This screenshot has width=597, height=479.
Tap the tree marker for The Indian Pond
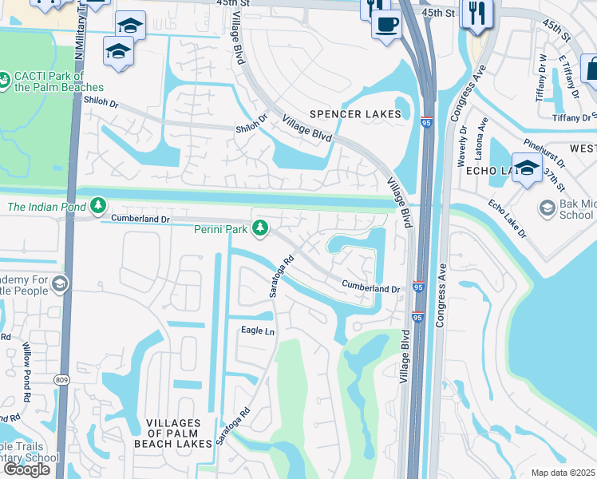pos(98,207)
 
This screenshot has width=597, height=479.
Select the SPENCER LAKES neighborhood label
pos(355,114)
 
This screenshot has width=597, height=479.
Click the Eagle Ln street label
pos(258,330)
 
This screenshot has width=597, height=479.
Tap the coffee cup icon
pos(386,23)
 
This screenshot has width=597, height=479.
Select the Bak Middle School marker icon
pos(548,208)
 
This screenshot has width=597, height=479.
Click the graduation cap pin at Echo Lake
pos(527,168)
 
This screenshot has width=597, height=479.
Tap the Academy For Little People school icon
pos(61,284)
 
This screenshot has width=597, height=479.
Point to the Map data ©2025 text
pos(563,473)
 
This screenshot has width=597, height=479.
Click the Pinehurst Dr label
pos(544,152)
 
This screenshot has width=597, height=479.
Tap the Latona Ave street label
pos(483,135)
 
